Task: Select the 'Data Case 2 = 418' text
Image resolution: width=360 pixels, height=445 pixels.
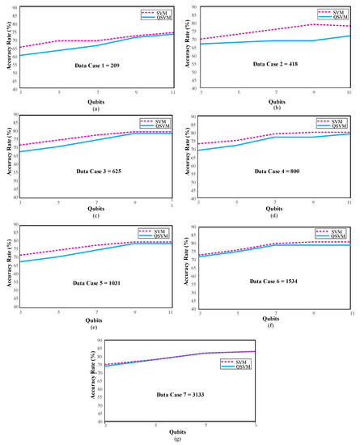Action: coord(277,62)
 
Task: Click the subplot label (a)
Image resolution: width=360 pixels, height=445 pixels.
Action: coord(95,108)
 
